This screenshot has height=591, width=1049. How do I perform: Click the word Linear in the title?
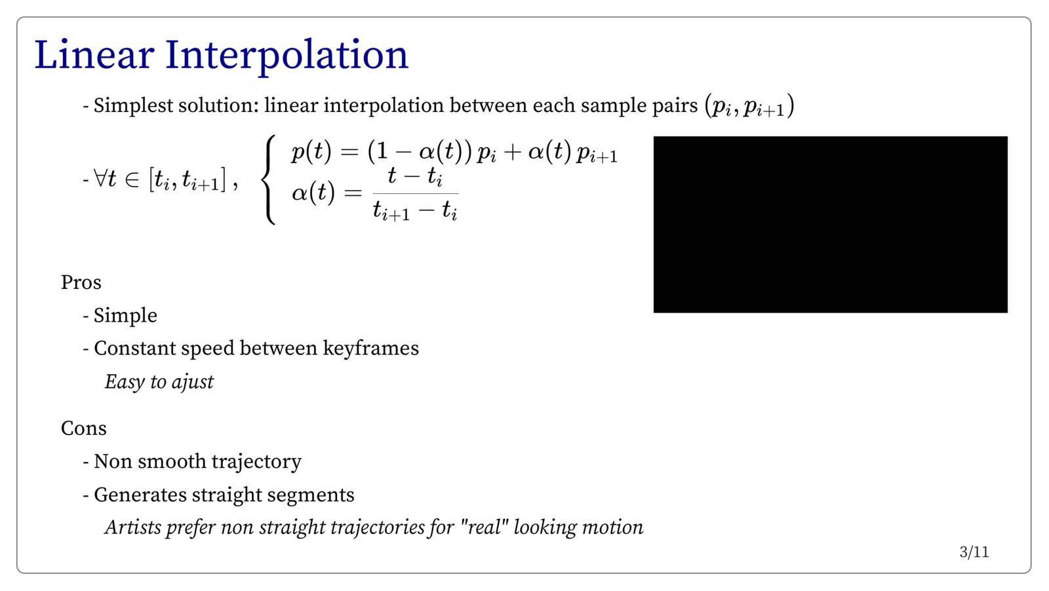coord(94,55)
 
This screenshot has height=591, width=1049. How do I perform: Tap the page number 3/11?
coord(974,552)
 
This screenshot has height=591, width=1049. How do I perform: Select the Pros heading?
coord(81,282)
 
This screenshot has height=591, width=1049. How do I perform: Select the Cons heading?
coord(84,428)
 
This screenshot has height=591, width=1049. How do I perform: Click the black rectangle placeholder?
coord(830,225)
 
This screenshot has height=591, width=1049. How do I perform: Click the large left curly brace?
coord(268,180)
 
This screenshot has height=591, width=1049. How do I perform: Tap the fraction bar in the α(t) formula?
coord(416,193)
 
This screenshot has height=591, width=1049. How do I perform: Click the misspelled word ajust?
coord(193,382)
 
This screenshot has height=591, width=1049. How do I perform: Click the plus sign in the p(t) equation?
coord(512,153)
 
